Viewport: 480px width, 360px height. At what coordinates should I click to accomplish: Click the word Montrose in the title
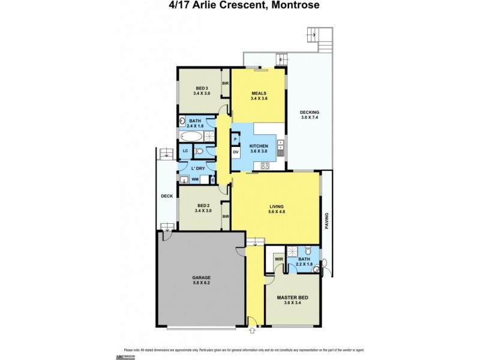(293, 6)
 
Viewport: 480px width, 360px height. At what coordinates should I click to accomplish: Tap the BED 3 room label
(201, 88)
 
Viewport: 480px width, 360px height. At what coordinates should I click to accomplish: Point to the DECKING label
(310, 112)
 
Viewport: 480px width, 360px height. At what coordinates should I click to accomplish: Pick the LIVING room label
(275, 206)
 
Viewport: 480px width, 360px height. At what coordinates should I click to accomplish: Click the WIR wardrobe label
(278, 259)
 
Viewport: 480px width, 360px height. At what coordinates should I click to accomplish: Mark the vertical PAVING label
(328, 221)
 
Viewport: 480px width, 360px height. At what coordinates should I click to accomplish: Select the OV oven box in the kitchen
(236, 152)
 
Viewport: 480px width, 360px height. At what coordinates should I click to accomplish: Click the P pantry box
(235, 139)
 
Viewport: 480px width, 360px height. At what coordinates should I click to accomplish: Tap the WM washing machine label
(194, 179)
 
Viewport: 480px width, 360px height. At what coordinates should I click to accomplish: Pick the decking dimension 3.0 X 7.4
(310, 118)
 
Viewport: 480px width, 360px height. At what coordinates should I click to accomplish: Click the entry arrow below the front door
(253, 329)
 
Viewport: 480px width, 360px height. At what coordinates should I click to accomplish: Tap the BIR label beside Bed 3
(226, 83)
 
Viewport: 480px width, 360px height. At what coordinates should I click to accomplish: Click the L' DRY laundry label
(197, 169)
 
